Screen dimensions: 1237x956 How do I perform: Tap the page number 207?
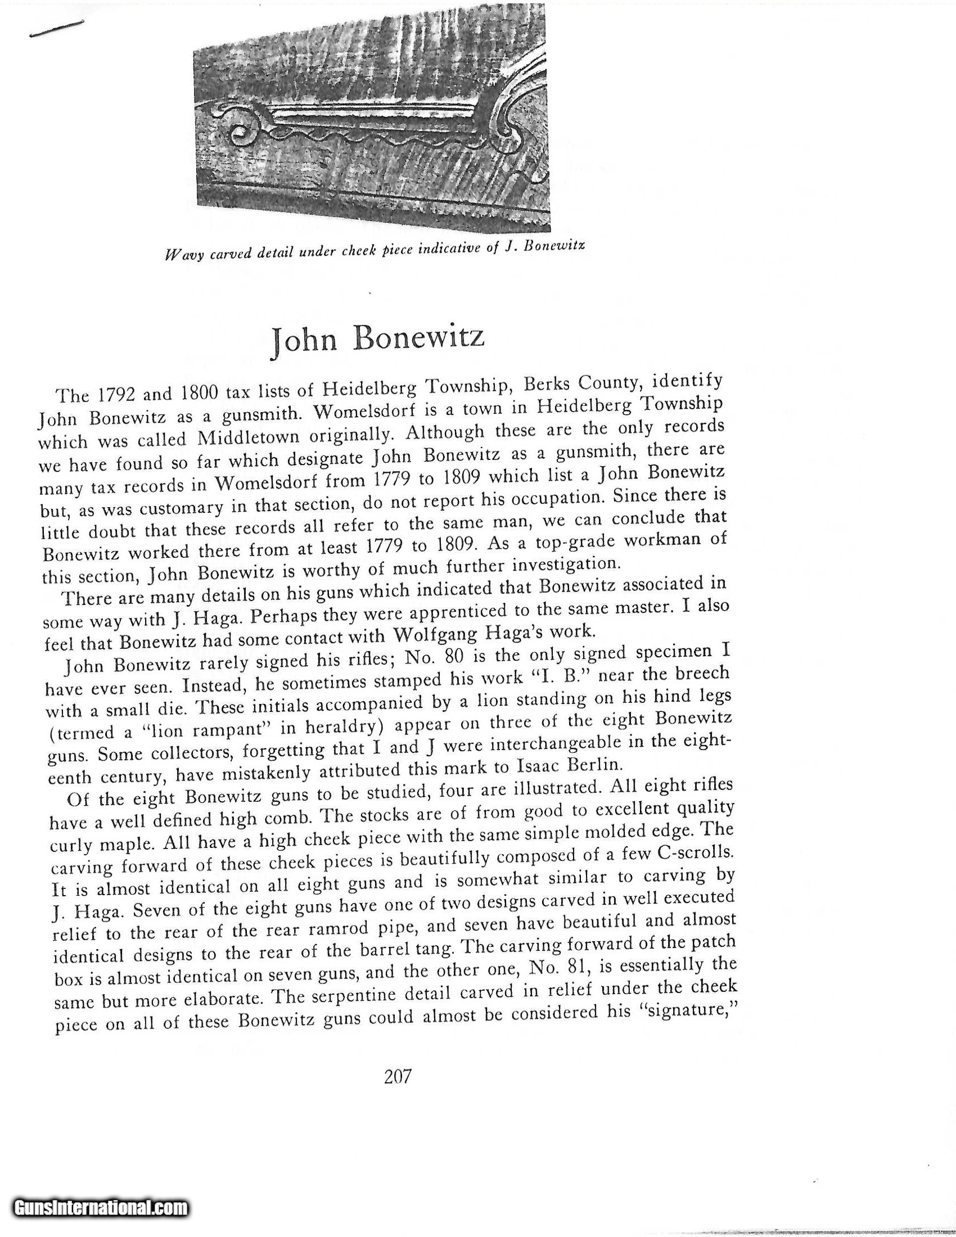pos(396,1076)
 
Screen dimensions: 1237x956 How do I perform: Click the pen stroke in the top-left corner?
pos(56,29)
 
